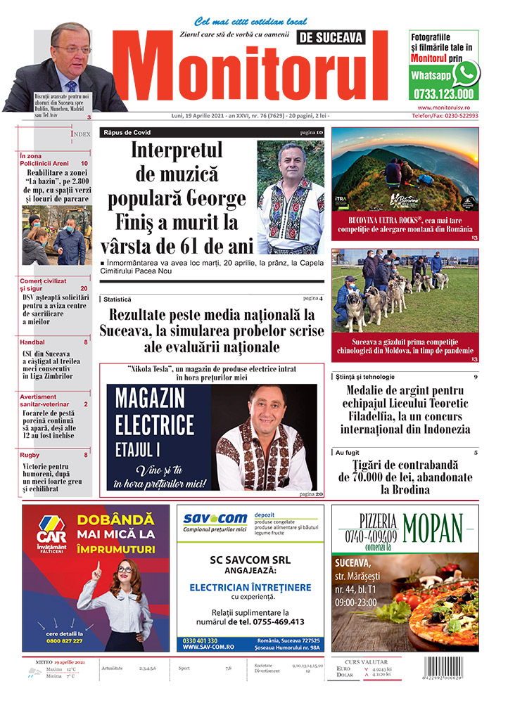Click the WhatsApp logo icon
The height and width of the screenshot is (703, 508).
[465, 74]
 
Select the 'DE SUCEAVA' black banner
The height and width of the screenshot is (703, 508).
[341, 37]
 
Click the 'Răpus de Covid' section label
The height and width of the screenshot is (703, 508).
[127, 132]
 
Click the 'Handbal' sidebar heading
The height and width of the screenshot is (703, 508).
[33, 342]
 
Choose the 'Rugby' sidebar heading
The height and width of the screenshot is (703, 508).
[30, 455]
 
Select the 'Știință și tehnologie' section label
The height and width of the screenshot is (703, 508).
[365, 377]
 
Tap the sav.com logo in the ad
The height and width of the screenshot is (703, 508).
[213, 519]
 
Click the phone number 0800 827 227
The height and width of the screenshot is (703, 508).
[64, 641]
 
